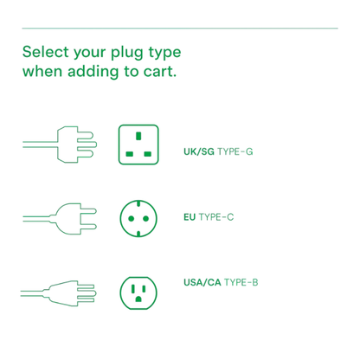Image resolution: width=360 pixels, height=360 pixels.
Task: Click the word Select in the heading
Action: click(x=46, y=52)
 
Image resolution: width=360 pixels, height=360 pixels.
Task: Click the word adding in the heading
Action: click(x=93, y=72)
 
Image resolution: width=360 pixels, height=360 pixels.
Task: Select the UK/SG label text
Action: click(x=199, y=151)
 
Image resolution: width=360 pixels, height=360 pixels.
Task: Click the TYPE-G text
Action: click(x=235, y=151)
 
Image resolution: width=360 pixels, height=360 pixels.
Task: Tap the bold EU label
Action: click(x=190, y=217)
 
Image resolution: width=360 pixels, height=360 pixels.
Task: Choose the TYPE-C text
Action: click(x=216, y=217)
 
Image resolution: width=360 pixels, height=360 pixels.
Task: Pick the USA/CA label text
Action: click(x=202, y=282)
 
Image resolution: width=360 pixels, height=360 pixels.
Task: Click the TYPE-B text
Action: click(x=241, y=282)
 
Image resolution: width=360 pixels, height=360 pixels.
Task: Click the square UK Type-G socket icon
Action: click(x=138, y=145)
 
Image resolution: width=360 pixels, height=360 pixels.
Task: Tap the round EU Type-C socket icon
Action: click(x=138, y=219)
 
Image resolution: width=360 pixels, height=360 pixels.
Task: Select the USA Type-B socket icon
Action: click(x=138, y=293)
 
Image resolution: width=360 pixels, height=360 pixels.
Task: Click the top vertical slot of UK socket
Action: click(x=138, y=136)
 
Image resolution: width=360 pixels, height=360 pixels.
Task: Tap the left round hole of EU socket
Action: click(x=131, y=219)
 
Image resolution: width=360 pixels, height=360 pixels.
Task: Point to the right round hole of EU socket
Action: click(x=145, y=219)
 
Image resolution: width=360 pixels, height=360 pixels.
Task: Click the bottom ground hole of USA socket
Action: click(x=138, y=299)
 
